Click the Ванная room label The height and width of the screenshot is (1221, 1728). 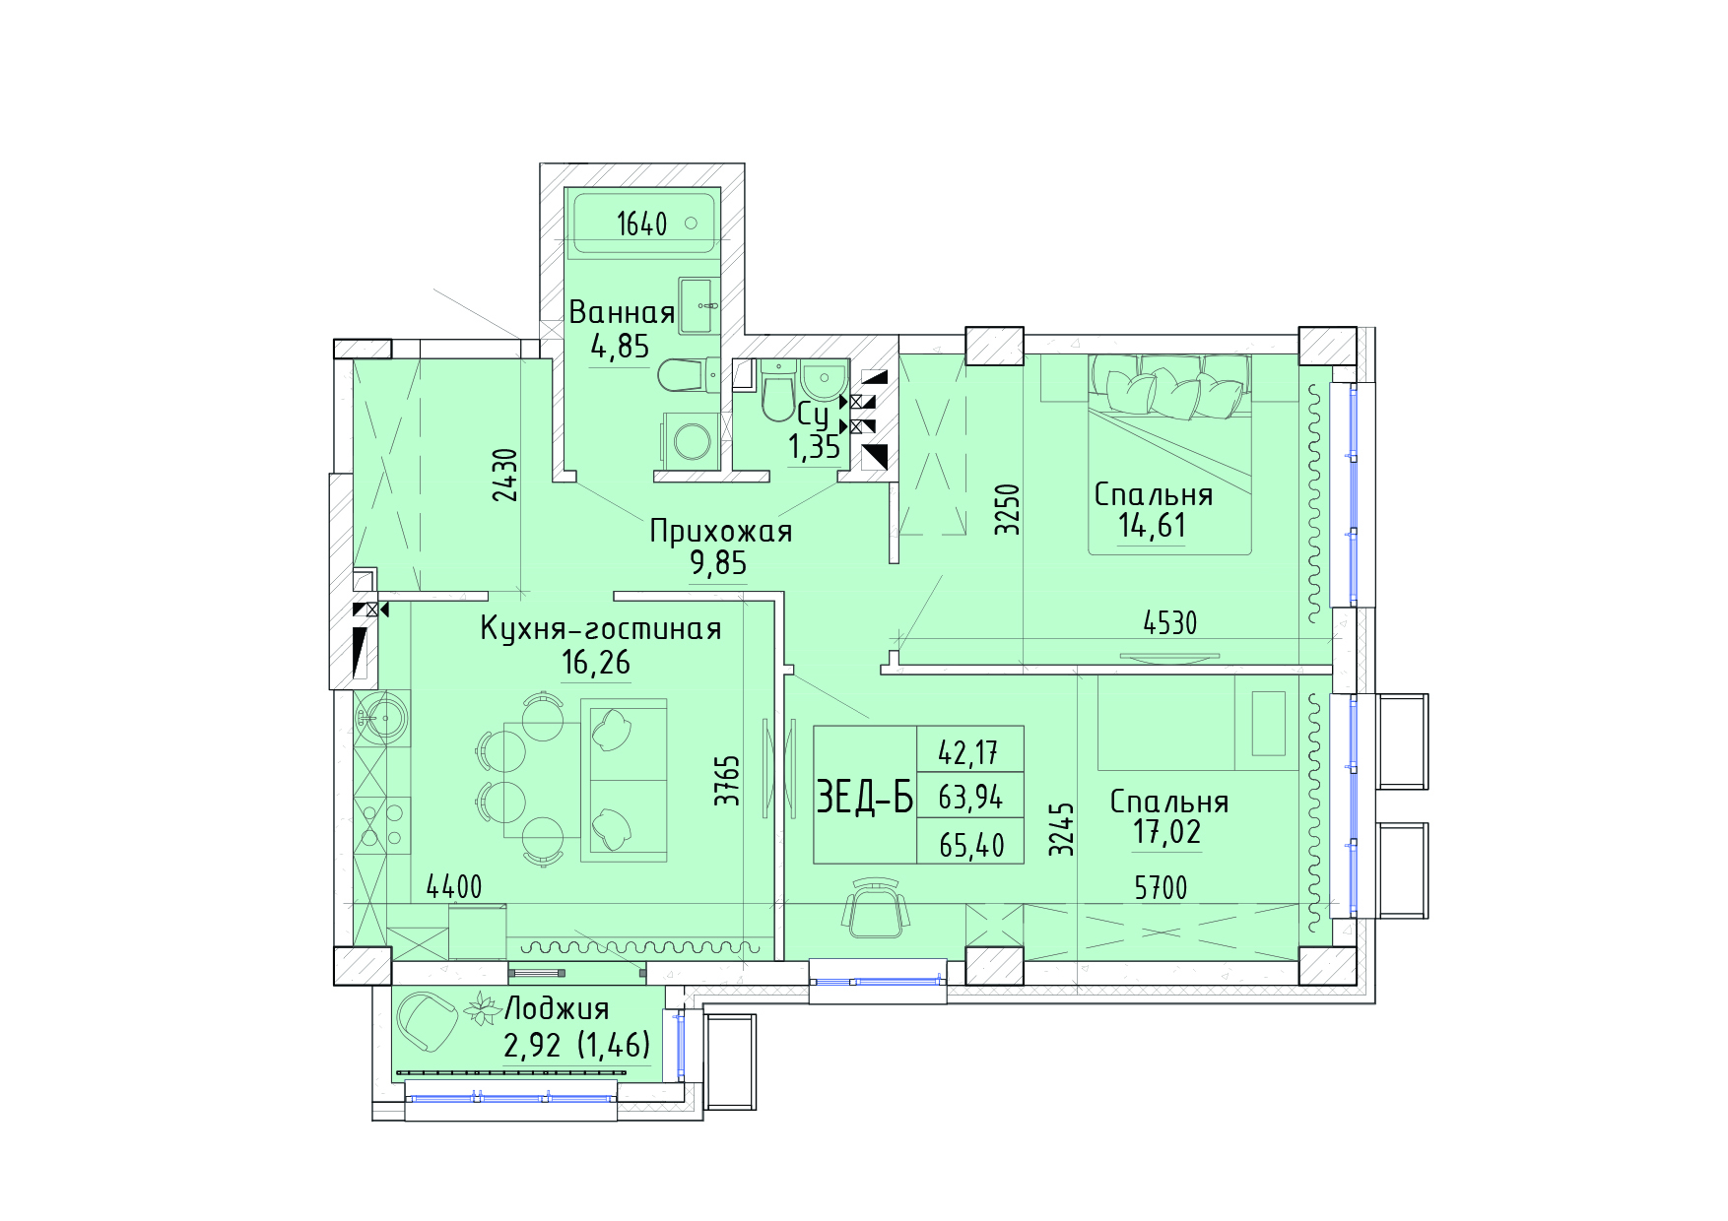(x=622, y=312)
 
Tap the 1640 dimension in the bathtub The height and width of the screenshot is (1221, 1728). (x=642, y=225)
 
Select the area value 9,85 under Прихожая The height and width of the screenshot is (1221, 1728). (x=718, y=563)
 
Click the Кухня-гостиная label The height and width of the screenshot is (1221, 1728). (x=601, y=628)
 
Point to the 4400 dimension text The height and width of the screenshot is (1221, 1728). (x=454, y=887)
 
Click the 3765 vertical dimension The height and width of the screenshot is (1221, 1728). (x=727, y=781)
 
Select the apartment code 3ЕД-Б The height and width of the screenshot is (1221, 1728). (x=865, y=797)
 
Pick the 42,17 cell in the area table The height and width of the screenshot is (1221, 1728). (x=968, y=753)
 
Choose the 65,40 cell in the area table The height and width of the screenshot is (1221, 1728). (x=971, y=845)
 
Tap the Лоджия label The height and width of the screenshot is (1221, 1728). (x=557, y=1008)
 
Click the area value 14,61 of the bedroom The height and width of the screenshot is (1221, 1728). (x=1152, y=526)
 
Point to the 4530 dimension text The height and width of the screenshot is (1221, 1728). (x=1170, y=623)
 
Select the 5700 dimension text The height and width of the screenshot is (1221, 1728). (x=1161, y=888)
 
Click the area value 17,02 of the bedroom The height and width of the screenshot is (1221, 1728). (x=1166, y=832)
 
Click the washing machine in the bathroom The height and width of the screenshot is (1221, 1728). (x=692, y=441)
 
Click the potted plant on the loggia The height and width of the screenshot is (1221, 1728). (x=482, y=1008)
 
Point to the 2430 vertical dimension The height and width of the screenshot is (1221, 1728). (x=505, y=475)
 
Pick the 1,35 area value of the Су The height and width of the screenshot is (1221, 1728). (x=814, y=447)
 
